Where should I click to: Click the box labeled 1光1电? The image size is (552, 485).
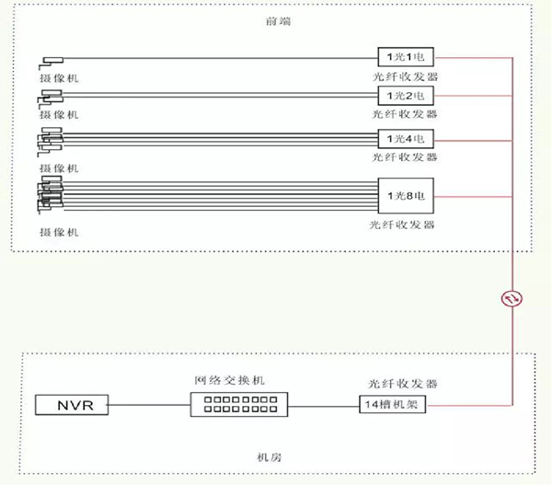point(405,57)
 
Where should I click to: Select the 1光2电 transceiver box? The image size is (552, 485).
point(405,96)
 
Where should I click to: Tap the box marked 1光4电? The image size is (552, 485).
point(405,139)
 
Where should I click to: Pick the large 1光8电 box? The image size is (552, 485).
point(405,194)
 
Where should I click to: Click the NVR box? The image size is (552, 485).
point(72,404)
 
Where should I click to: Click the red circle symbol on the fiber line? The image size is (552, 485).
point(511,297)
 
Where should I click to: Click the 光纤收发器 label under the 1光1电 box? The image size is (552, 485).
point(405,76)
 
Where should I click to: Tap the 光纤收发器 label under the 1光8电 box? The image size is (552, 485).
point(405,225)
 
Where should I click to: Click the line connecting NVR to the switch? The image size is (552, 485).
point(150,404)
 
